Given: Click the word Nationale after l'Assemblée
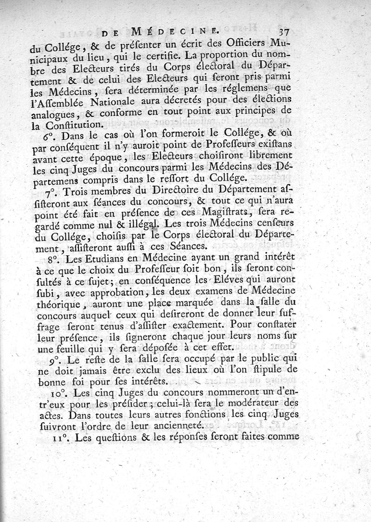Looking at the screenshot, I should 130,101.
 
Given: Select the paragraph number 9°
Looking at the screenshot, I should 50,359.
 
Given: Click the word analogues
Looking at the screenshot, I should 53,113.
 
